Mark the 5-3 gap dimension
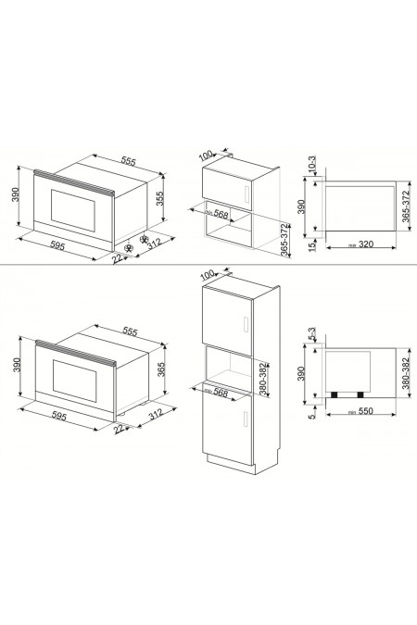313,334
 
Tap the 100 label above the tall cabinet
207,276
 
